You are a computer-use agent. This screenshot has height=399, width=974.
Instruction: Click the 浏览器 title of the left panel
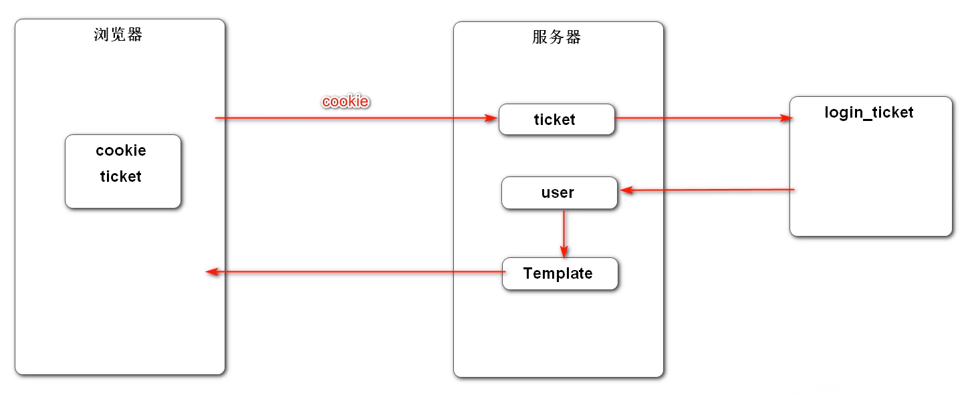coord(118,35)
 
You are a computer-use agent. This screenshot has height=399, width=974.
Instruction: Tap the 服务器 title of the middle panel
coord(557,37)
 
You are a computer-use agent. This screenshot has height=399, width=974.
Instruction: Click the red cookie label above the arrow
coord(346,102)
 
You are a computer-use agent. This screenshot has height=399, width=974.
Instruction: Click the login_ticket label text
coord(868,112)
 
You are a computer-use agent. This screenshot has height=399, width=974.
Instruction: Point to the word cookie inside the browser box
coord(121,150)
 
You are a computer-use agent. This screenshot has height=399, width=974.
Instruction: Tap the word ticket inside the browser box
coord(121,177)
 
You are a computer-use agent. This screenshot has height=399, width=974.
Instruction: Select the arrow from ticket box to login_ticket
coord(702,118)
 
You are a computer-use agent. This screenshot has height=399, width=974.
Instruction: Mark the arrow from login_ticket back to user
coord(709,190)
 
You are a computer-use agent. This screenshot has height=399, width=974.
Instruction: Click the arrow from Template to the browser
coord(354,272)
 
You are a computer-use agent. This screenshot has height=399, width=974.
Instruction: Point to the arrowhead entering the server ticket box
coord(493,118)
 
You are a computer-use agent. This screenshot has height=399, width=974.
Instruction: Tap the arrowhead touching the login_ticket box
coord(786,118)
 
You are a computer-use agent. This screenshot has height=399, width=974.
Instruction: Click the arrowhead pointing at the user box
coord(626,191)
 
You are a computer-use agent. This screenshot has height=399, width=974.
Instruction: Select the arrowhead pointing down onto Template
coord(564,253)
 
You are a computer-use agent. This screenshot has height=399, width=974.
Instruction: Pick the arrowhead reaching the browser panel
coord(211,272)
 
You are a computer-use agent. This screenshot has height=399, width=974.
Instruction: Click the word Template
coord(558,274)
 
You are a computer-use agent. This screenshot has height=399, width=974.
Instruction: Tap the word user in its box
coord(558,193)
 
